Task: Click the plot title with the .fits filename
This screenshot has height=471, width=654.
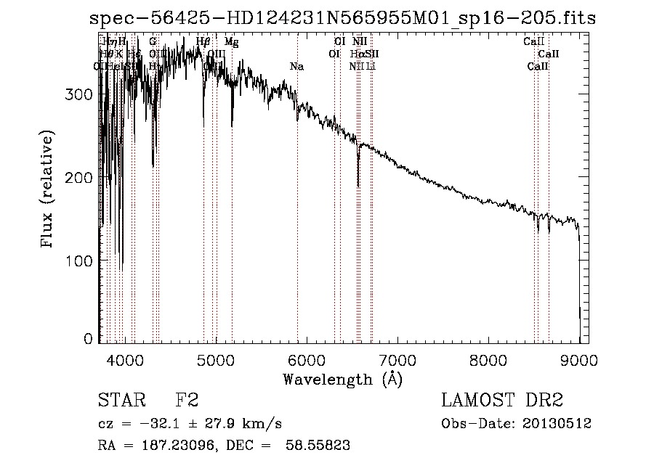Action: (342, 18)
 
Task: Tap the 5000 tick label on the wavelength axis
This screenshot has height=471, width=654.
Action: (216, 359)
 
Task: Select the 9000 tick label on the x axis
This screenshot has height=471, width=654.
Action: (579, 359)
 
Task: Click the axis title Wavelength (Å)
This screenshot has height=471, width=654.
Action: (342, 379)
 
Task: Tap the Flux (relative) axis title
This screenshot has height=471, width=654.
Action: (48, 190)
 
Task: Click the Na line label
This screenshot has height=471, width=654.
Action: (296, 67)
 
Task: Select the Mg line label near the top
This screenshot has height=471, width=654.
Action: (231, 42)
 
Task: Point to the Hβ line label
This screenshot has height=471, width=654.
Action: (203, 42)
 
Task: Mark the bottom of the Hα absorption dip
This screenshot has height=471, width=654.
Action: (358, 186)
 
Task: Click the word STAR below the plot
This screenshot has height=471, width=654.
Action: (118, 401)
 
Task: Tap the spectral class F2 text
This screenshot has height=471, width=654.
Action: (187, 401)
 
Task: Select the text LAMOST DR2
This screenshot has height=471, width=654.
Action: (502, 401)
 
